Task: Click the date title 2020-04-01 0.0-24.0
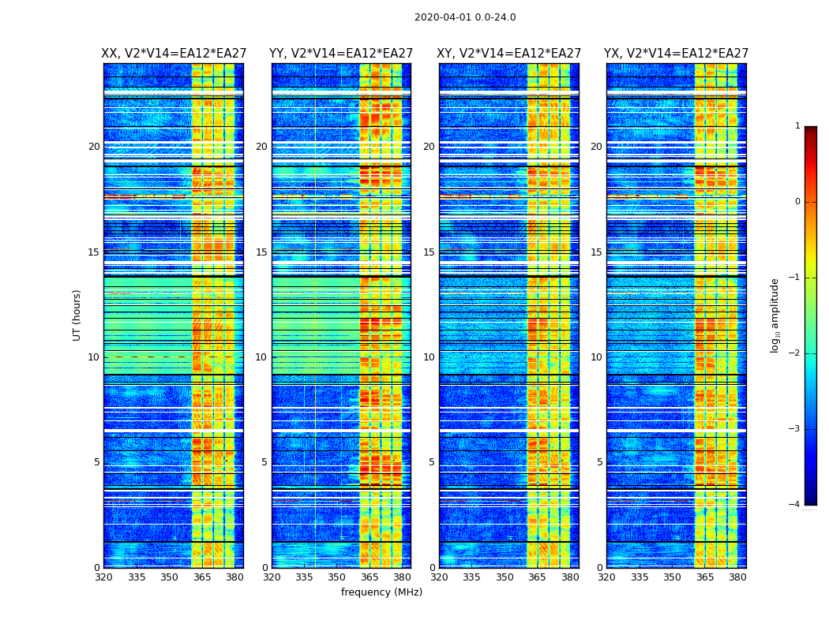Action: (465, 17)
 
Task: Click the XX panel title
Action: (174, 54)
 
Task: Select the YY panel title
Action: (341, 54)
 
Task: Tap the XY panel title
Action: (509, 54)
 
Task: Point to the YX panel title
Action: (676, 54)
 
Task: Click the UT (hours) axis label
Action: (77, 315)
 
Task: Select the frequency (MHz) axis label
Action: (381, 592)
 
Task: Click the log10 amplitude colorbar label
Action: (775, 315)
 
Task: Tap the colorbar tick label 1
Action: (797, 126)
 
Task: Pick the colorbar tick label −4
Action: (795, 505)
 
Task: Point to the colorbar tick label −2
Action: (795, 353)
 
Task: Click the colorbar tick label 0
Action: (797, 202)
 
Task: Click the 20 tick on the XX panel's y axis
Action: (94, 147)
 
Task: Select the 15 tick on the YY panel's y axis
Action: (261, 252)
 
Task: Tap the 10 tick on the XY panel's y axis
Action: (429, 357)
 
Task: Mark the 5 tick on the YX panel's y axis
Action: (599, 462)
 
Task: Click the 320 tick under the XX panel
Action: (103, 577)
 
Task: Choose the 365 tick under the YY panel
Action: (369, 577)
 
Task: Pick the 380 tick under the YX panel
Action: (737, 577)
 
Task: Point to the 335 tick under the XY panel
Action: (471, 577)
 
